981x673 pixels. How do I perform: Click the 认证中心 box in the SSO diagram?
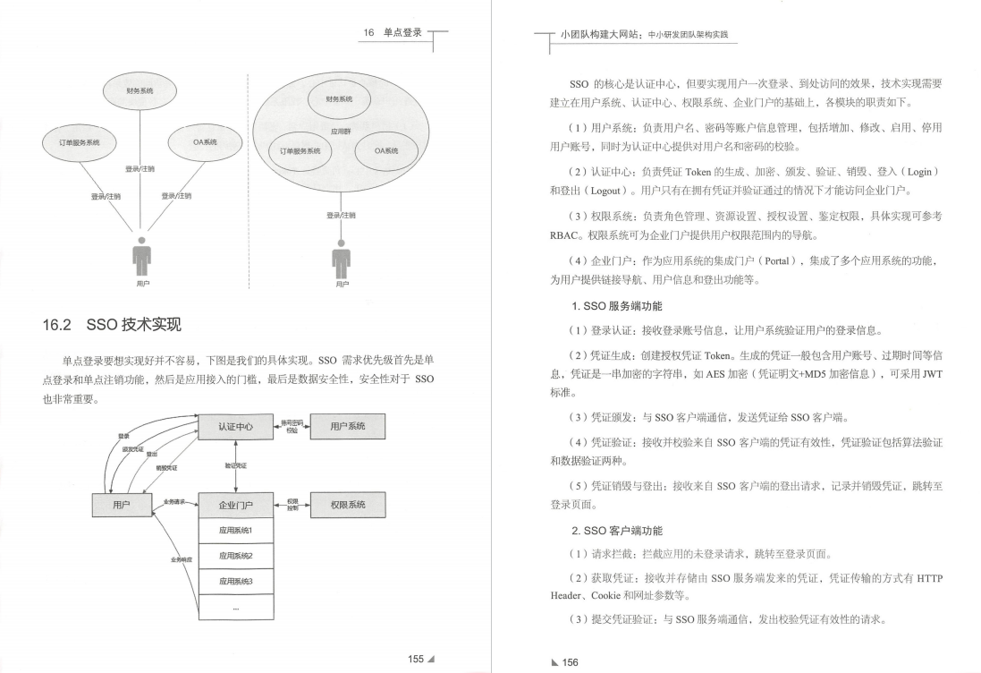[235, 427]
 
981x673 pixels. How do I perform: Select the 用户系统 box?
[347, 427]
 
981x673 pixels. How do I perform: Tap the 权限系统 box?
[347, 505]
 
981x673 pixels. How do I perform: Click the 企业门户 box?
[235, 506]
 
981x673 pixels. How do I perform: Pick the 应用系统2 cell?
[235, 556]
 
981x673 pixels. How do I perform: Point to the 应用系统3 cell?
[235, 582]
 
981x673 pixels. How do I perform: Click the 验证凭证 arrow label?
[236, 465]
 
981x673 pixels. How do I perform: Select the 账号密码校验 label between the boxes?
[292, 426]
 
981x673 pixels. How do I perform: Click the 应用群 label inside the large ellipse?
[340, 130]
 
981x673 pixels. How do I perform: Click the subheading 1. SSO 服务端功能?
[611, 306]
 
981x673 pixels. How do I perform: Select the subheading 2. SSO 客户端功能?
[611, 531]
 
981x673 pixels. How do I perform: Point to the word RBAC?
[565, 236]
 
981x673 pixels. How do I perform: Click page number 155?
[416, 659]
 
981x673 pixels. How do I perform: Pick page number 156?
[571, 662]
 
